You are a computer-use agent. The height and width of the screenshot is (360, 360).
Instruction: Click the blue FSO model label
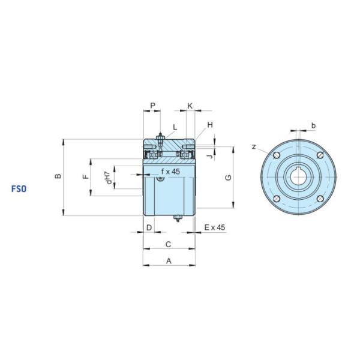pyautogui.click(x=19, y=189)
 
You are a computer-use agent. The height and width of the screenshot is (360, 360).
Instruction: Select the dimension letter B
pyautogui.click(x=58, y=176)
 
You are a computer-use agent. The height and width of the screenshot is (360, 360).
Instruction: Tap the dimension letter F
pyautogui.click(x=85, y=176)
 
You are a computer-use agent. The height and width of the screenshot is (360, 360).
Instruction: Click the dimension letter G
pyautogui.click(x=228, y=178)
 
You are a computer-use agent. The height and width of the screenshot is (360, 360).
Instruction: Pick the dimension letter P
pyautogui.click(x=152, y=106)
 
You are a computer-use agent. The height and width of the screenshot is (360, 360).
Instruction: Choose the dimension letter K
pyautogui.click(x=190, y=106)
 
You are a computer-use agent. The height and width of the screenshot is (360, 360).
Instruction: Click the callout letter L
pyautogui.click(x=175, y=127)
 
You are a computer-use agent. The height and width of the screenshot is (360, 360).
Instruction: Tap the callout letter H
pyautogui.click(x=210, y=125)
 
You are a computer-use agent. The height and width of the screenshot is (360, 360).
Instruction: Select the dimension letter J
pyautogui.click(x=209, y=157)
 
